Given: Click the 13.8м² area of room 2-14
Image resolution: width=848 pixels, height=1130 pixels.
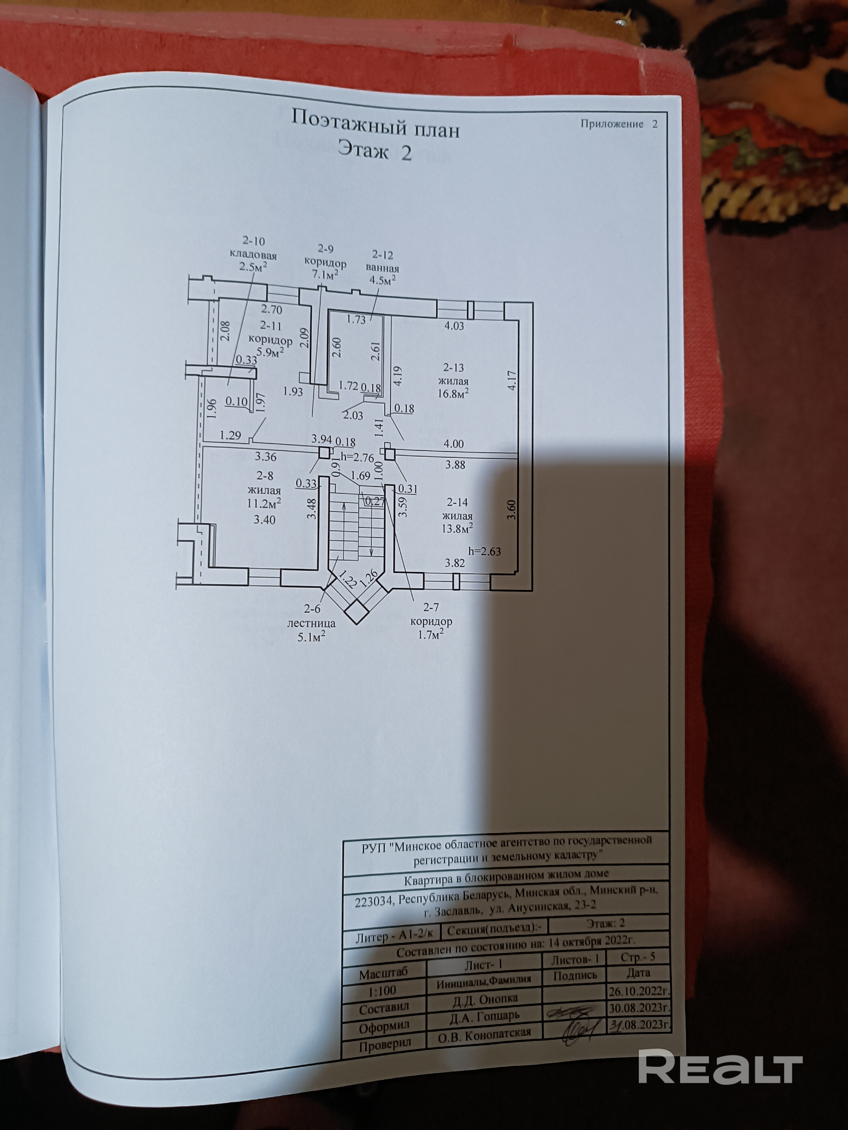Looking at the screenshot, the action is tap(457, 528).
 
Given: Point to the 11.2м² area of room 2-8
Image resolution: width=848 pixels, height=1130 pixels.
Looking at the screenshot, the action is tap(264, 503).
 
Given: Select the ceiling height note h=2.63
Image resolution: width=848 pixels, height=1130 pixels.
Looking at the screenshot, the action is tap(484, 551).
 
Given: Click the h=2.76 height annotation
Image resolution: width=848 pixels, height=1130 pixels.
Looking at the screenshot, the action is tap(357, 458).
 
